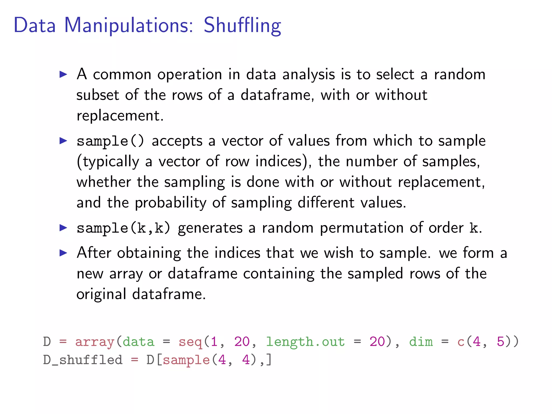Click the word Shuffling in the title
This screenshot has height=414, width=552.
pos(242,26)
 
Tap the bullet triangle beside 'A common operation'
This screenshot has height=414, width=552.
pos(63,74)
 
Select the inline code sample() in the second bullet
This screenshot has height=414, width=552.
pos(110,141)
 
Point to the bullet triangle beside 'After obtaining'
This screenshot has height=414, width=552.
pos(63,253)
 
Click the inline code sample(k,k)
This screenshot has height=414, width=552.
pos(123,228)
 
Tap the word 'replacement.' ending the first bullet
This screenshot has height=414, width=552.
pos(120,116)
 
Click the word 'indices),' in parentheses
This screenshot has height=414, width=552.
pos(283,162)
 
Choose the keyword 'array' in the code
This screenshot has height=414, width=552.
pos(95,342)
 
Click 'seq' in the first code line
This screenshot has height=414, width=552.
pos(190,342)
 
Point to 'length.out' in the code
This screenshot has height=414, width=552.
pos(305,342)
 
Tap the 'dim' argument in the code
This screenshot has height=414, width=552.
pos(421,342)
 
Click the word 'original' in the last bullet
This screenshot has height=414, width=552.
pos(101,294)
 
